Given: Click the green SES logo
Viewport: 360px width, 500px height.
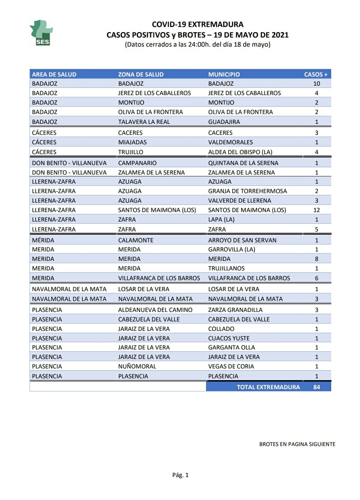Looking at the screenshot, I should click(x=41, y=33).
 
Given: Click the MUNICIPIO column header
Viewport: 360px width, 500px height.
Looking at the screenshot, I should click(x=224, y=74).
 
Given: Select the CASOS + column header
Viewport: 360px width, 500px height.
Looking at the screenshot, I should click(x=316, y=74).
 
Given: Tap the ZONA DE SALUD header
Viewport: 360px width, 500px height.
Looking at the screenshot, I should click(x=141, y=74).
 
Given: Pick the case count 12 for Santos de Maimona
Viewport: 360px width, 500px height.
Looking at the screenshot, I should click(x=316, y=210).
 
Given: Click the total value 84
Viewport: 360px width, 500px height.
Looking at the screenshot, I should click(x=316, y=387).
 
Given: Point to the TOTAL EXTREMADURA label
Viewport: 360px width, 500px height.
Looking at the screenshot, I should click(x=268, y=387).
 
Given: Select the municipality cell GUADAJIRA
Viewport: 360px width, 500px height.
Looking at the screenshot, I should click(x=224, y=122).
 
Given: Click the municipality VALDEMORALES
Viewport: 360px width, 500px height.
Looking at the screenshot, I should click(x=231, y=142).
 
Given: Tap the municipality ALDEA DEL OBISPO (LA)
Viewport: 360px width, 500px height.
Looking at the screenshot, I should click(x=240, y=152).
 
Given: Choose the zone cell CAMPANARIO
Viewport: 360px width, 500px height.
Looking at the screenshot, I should click(x=137, y=163).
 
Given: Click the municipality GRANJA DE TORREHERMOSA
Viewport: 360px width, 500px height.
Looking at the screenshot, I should click(x=247, y=191).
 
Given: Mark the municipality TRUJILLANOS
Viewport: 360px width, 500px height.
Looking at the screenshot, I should click(x=226, y=268).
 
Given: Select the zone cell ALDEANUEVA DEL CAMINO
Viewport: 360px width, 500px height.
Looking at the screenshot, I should click(x=155, y=310).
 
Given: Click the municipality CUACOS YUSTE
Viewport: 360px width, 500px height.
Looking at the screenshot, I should click(x=229, y=338).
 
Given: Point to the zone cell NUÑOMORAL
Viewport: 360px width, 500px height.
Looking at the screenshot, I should click(x=137, y=366).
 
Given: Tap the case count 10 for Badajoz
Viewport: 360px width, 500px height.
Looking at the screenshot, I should click(x=316, y=83).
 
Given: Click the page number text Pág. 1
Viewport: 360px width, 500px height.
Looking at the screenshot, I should click(x=180, y=475).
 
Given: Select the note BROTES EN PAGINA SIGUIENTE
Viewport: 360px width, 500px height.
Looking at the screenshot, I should click(x=297, y=444).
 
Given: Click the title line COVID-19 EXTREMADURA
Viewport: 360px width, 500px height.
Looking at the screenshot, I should click(x=197, y=24).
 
